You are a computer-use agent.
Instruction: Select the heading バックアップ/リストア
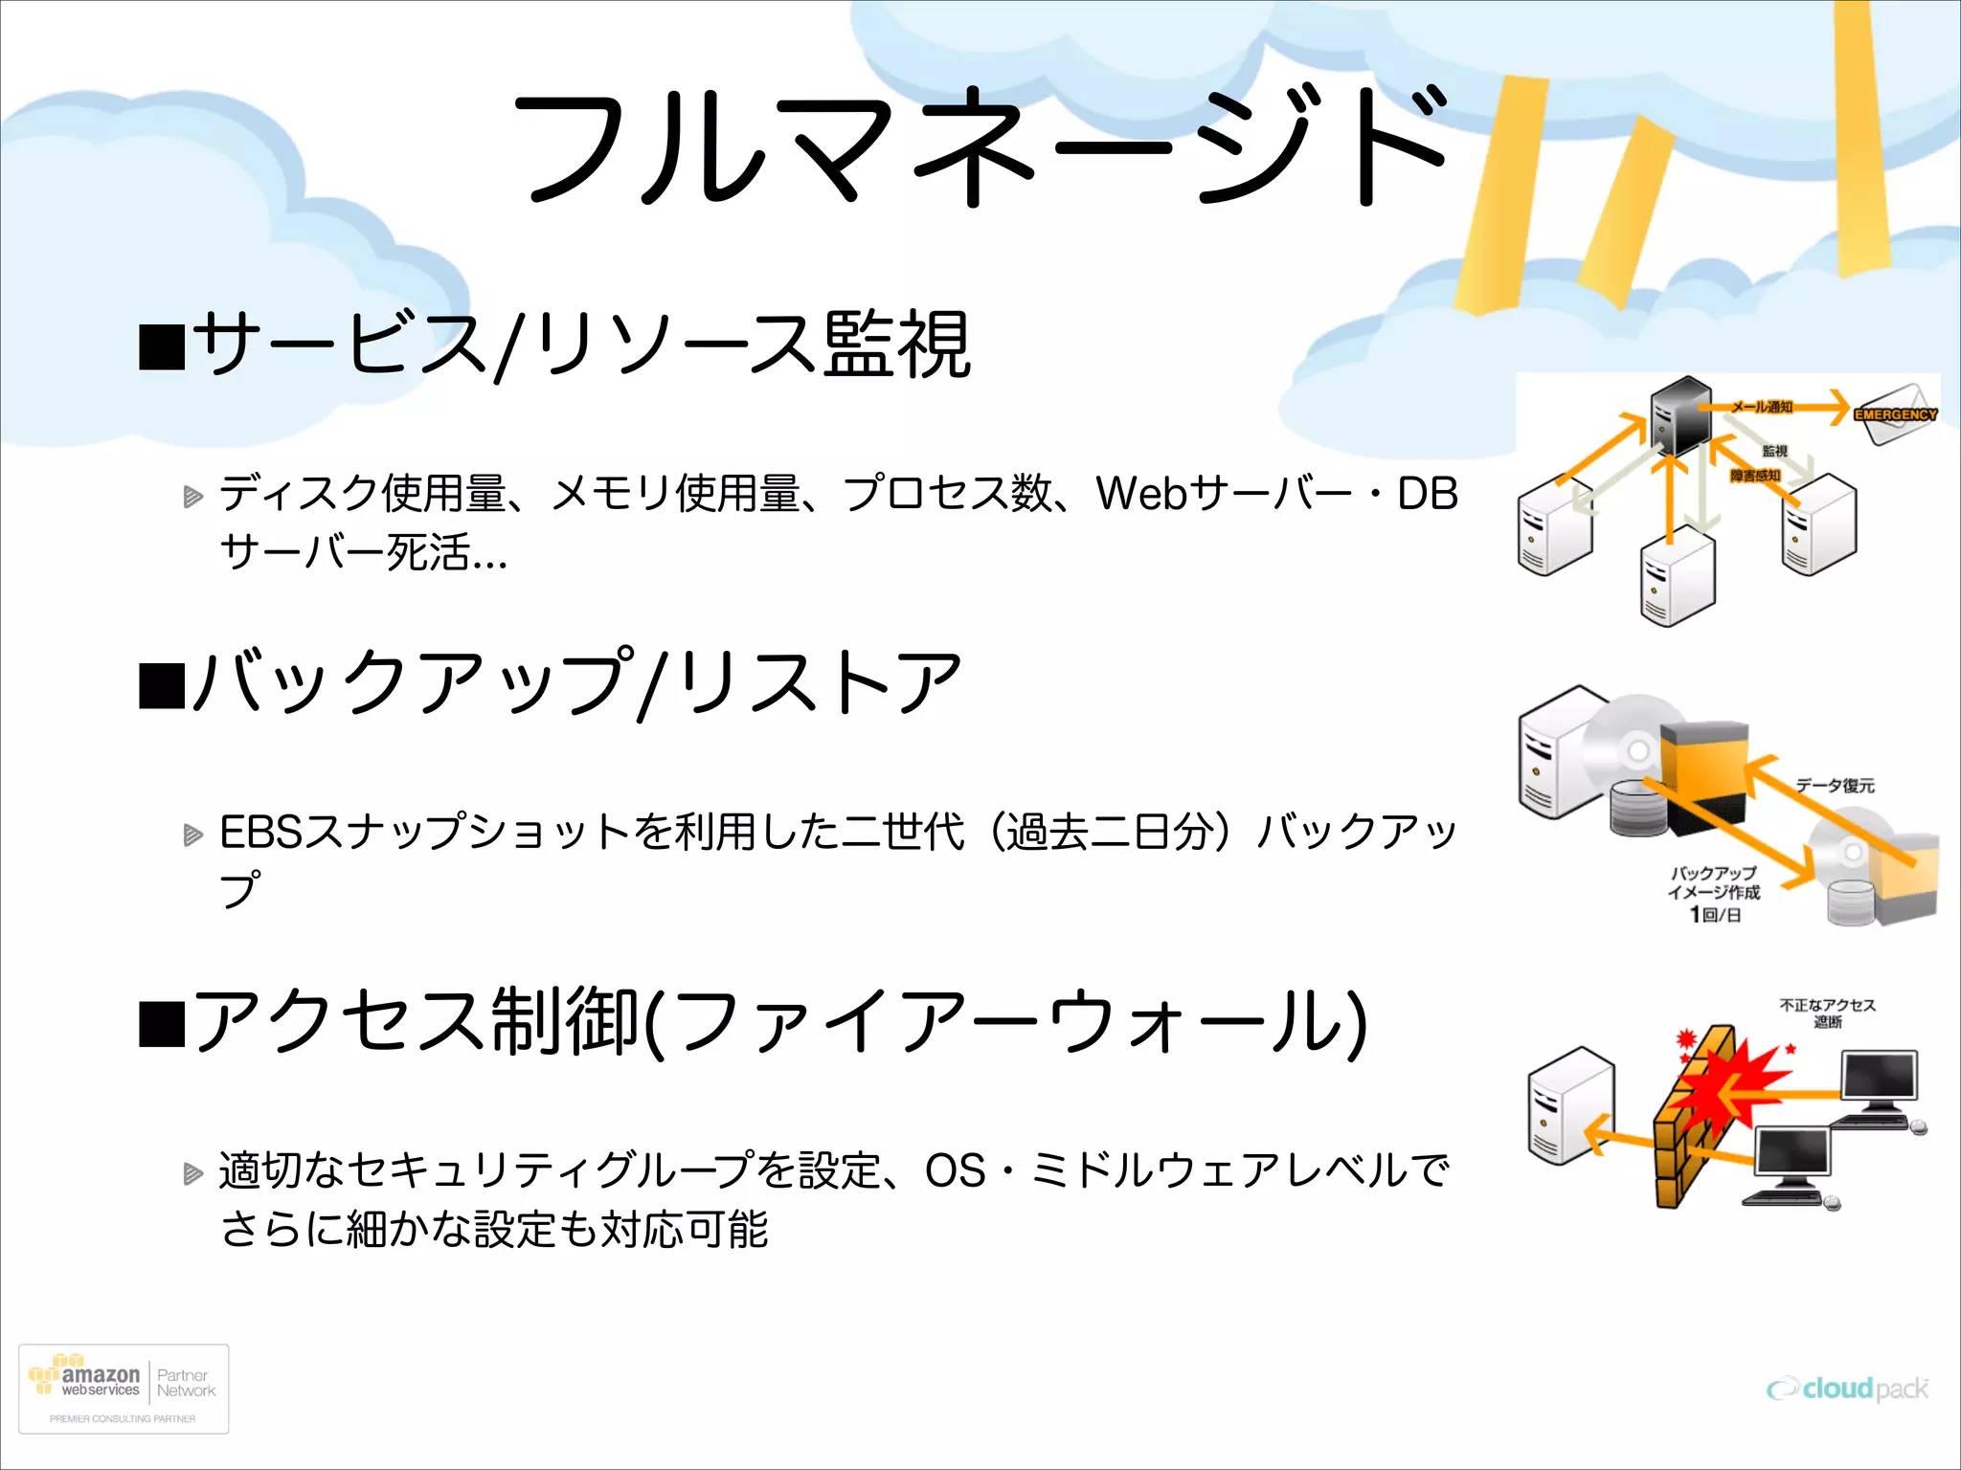click(x=575, y=682)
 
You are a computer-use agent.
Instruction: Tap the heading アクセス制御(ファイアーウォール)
click(x=780, y=1021)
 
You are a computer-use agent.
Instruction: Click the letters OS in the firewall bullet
click(x=955, y=1170)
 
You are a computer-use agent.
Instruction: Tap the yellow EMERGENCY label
click(x=1895, y=414)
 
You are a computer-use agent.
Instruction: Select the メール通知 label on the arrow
click(x=1762, y=407)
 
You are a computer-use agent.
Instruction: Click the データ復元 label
click(x=1835, y=785)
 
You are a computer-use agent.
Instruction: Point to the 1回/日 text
click(x=1715, y=915)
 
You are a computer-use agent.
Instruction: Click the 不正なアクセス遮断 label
click(x=1827, y=1013)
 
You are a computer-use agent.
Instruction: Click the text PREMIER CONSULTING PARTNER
click(x=123, y=1418)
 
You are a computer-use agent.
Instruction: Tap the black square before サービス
click(x=161, y=346)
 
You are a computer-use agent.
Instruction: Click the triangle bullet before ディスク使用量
click(x=193, y=496)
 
